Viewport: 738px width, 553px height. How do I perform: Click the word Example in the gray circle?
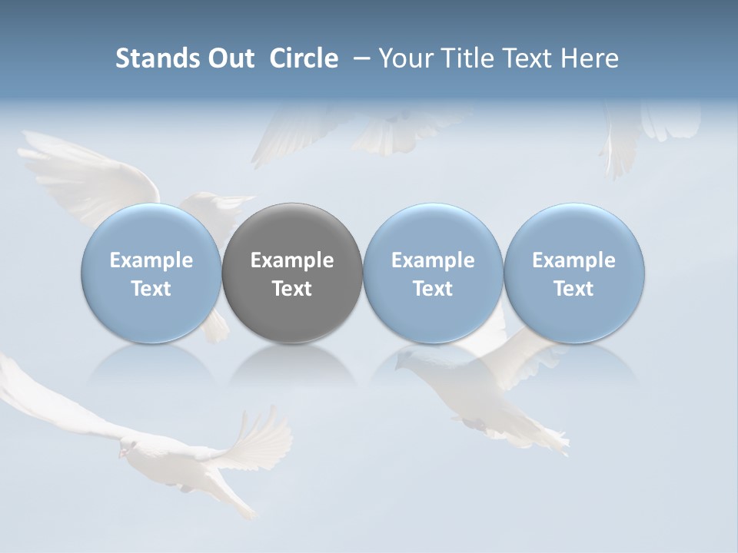tap(292, 260)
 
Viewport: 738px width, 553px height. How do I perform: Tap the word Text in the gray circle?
tap(292, 289)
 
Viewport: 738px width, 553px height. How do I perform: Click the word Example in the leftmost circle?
tap(151, 260)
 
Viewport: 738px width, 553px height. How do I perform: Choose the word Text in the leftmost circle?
tap(151, 289)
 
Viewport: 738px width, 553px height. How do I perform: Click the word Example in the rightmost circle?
tap(573, 260)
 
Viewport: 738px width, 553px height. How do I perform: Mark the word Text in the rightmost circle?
tap(573, 289)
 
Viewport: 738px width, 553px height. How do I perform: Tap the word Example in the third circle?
tap(433, 260)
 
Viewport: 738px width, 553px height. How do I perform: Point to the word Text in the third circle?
tap(433, 289)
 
